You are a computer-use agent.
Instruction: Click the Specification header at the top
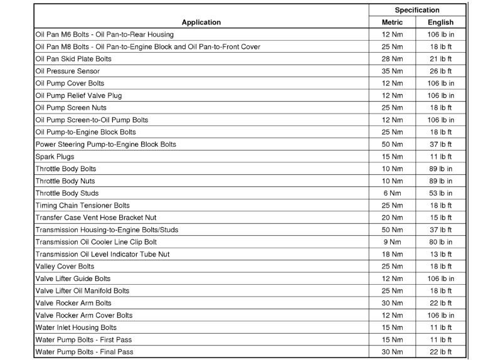click(416, 10)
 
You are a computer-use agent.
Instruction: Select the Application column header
click(201, 22)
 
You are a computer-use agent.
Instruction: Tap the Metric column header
click(392, 22)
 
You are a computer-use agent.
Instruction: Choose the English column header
click(440, 22)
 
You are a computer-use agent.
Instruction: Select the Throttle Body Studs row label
click(67, 193)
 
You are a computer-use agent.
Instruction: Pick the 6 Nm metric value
click(393, 193)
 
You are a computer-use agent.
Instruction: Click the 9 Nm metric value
click(393, 242)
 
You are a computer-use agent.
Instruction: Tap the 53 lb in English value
click(440, 193)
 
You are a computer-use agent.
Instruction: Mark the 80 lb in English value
click(440, 242)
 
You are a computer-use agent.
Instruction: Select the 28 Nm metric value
click(393, 58)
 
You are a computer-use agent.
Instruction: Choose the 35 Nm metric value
click(393, 71)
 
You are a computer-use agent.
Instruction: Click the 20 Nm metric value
click(393, 218)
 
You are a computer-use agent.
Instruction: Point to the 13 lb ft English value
click(440, 254)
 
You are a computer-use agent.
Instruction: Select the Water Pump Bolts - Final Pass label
click(84, 352)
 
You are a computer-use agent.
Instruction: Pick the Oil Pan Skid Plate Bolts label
click(73, 58)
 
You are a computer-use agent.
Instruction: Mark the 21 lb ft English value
click(440, 58)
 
